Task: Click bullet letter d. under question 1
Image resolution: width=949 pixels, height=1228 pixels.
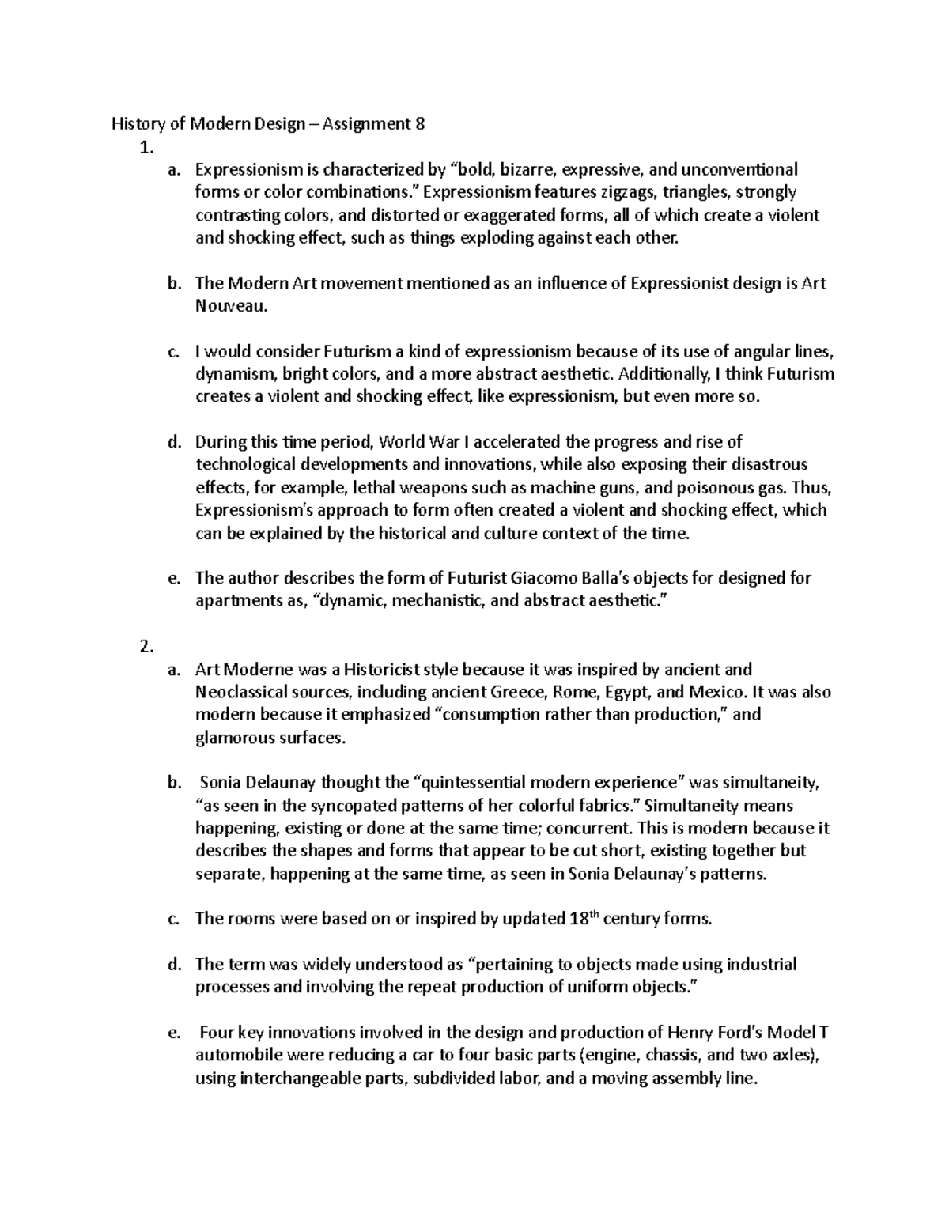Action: coord(175,442)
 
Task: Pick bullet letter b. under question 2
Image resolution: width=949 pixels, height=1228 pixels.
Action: coord(175,784)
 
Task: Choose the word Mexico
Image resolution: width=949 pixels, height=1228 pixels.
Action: coord(716,693)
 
